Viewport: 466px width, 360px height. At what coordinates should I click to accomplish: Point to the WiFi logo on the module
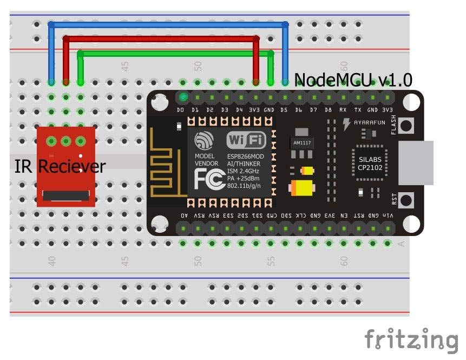coord(246,140)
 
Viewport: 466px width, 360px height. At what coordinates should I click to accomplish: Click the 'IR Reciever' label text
coord(60,166)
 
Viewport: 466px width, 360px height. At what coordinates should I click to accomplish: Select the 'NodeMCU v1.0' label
coord(353,81)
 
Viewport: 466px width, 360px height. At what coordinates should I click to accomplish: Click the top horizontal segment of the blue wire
coord(168,24)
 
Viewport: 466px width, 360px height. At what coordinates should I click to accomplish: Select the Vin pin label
coord(388,215)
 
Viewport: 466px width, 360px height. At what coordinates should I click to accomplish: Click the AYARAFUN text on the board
coord(370,122)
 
